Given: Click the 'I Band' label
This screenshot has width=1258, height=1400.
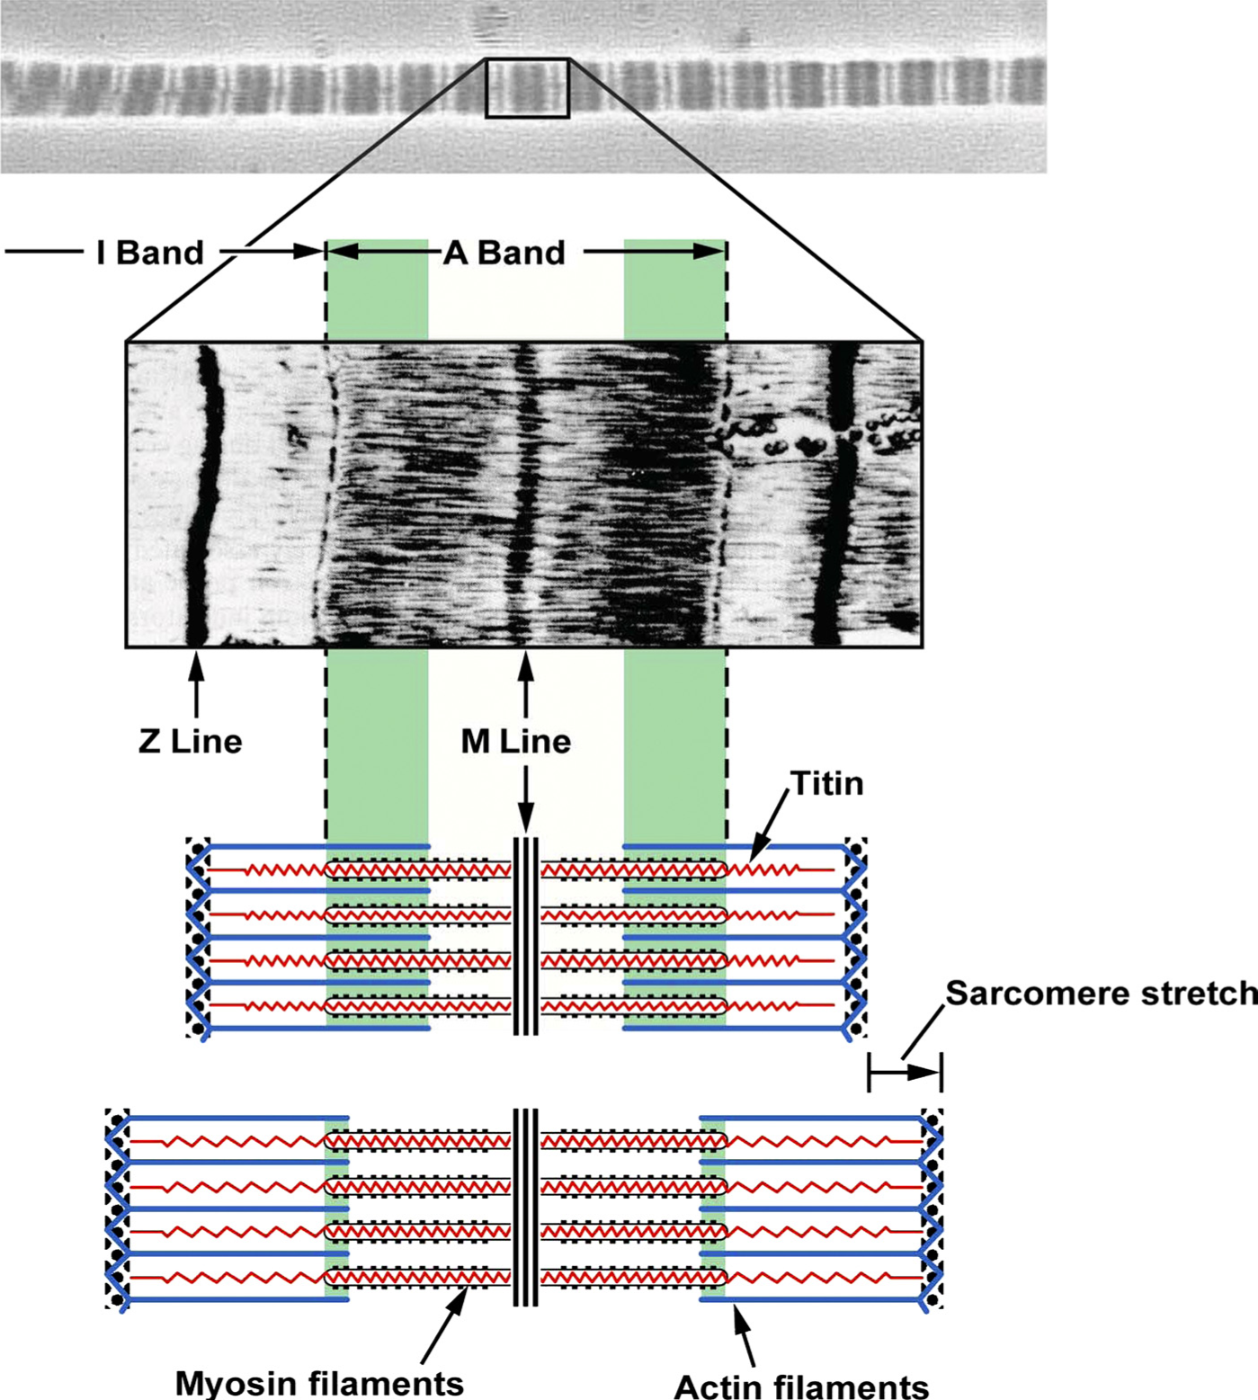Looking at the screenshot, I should pyautogui.click(x=150, y=253).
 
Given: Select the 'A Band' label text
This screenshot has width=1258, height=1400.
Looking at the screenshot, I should pyautogui.click(x=504, y=253).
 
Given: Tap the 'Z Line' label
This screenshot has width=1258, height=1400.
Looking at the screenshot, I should pyautogui.click(x=191, y=742).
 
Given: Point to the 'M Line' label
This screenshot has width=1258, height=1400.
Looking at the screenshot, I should pyautogui.click(x=515, y=742).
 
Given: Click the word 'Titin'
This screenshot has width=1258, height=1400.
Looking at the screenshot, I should pyautogui.click(x=826, y=784).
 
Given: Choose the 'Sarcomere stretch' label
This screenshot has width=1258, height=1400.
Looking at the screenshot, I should pyautogui.click(x=1101, y=994).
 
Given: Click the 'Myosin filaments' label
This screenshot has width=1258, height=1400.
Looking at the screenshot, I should pyautogui.click(x=319, y=1382).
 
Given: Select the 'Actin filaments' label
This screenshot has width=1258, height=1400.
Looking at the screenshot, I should pyautogui.click(x=801, y=1386).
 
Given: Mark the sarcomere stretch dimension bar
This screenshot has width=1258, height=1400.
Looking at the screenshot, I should pyautogui.click(x=905, y=1072).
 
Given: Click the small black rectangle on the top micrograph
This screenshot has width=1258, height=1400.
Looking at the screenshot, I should pyautogui.click(x=528, y=88).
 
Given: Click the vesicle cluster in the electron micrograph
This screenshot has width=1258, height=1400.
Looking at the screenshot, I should pyautogui.click(x=791, y=441).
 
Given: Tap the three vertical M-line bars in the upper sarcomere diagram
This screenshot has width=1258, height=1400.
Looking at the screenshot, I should pyautogui.click(x=526, y=936).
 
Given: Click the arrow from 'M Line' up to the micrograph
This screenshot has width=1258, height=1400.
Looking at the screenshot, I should pyautogui.click(x=526, y=683).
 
